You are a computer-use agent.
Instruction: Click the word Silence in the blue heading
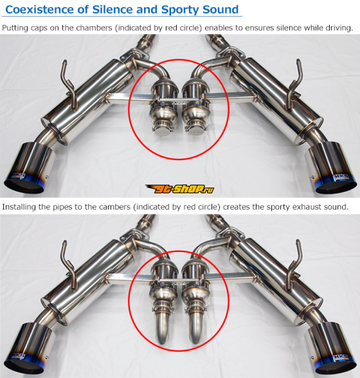112,10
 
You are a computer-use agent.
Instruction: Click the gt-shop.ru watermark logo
180,189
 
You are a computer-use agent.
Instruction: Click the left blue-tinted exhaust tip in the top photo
28,167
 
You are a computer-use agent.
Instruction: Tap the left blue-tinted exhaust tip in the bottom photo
28,347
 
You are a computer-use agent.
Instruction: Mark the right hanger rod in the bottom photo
294,265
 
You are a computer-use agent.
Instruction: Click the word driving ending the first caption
339,28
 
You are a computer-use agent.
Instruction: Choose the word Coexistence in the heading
40,10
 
